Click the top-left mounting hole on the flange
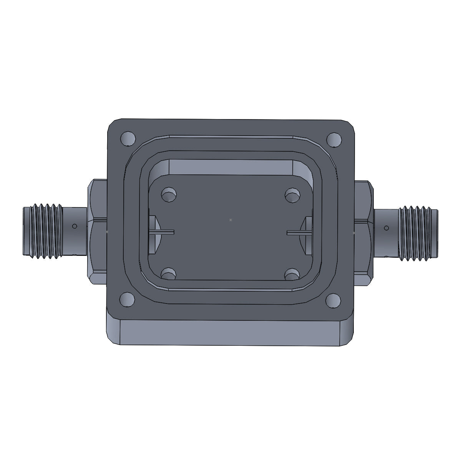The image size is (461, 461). click(128, 138)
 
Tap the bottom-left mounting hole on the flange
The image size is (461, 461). click(127, 299)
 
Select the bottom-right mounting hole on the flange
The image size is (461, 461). click(332, 300)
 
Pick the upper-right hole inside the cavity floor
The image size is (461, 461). click(293, 194)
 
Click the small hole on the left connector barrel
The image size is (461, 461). click(75, 226)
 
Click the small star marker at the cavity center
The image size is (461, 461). click(230, 220)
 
